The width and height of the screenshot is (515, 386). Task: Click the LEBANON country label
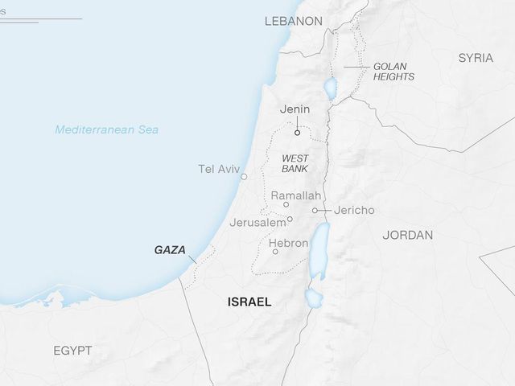(293, 22)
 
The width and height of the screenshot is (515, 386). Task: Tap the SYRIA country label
(476, 58)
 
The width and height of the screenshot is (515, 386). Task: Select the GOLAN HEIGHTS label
(393, 72)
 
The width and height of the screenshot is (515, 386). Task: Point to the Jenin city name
(295, 109)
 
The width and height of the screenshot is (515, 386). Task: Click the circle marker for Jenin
(297, 133)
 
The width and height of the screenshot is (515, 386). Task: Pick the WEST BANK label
(295, 164)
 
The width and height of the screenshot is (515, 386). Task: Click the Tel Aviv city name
(217, 169)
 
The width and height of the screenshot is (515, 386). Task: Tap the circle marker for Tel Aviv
(244, 177)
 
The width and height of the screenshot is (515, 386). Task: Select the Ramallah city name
(295, 195)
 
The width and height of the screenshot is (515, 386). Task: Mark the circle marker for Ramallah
(286, 205)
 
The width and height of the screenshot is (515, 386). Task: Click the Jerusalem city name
(257, 222)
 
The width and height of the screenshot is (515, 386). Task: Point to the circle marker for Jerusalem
(290, 219)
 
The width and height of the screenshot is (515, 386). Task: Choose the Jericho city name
(354, 211)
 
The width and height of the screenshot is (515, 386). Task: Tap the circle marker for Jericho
(316, 211)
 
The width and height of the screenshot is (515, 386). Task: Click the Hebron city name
(289, 243)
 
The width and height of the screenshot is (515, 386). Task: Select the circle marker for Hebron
(275, 252)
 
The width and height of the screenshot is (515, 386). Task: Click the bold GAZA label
(170, 250)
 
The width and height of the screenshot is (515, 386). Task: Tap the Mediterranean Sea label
(106, 129)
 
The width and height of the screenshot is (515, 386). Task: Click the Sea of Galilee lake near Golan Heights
(328, 86)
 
